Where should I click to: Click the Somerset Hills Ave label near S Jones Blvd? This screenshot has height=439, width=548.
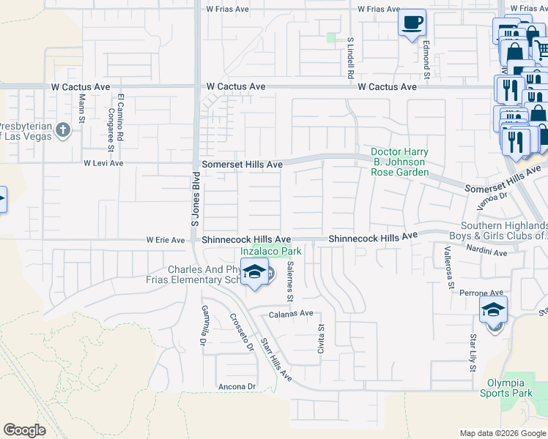(x=242, y=165)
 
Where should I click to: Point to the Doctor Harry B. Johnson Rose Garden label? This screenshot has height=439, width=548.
(x=399, y=162)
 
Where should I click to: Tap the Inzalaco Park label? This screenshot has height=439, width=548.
(x=272, y=252)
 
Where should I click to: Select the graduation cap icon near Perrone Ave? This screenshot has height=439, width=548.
(x=494, y=309)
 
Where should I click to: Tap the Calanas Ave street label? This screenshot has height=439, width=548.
(x=291, y=313)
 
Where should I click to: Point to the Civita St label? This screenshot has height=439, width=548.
(x=321, y=339)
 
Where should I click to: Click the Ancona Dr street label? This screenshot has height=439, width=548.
(x=235, y=386)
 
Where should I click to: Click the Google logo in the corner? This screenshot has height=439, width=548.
(x=25, y=430)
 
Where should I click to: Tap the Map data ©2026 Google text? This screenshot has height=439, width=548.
(x=502, y=433)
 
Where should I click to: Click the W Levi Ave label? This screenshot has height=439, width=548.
(x=103, y=163)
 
